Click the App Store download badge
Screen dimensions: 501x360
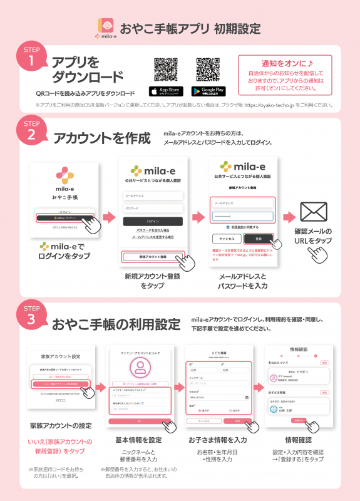[x=165, y=91]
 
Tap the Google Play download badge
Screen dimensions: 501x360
[x=208, y=91]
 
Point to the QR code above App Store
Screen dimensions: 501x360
[x=165, y=69]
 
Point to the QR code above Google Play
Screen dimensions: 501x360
[x=208, y=69]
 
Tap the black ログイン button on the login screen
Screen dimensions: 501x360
[x=153, y=221]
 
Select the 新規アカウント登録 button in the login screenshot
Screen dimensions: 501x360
[x=153, y=257]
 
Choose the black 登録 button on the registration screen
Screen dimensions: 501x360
[x=257, y=239]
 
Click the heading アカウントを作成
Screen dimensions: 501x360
[x=102, y=138]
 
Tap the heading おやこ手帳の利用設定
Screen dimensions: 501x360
[x=116, y=324]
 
